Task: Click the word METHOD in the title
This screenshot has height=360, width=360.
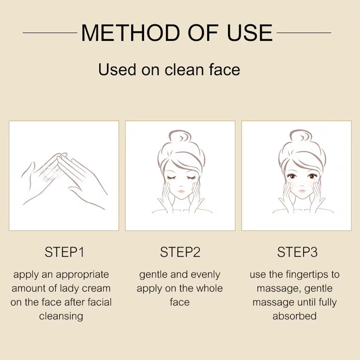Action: tap(130, 32)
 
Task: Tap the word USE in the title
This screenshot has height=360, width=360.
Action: tap(250, 32)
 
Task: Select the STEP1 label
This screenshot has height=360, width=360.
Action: tap(64, 252)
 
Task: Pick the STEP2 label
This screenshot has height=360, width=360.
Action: tap(180, 252)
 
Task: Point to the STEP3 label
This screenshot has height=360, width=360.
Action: tap(297, 252)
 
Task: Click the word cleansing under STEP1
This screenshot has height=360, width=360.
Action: tap(61, 317)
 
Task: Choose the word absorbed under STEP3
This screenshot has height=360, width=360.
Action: tap(295, 316)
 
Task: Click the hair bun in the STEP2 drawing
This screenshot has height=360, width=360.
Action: tap(180, 138)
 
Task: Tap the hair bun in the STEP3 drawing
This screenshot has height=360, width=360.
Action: tap(301, 138)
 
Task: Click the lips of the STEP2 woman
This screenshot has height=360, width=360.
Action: tap(181, 191)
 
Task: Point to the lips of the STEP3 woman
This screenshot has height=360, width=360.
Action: tap(302, 191)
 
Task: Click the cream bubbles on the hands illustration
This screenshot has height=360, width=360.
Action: tap(51, 172)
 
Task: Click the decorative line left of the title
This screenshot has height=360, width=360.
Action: tap(50, 33)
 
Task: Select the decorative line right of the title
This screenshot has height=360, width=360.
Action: tap(304, 33)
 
